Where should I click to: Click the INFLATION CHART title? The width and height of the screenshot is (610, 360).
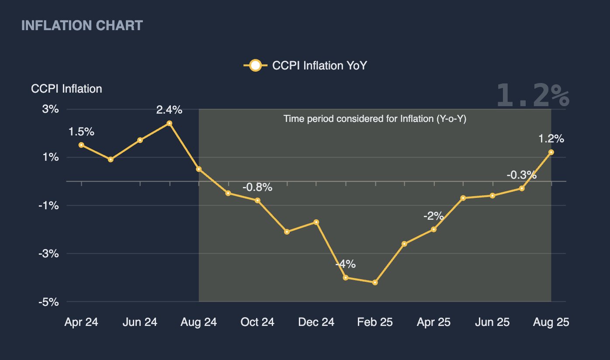coord(82,26)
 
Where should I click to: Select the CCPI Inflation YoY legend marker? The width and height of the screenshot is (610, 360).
coord(255,66)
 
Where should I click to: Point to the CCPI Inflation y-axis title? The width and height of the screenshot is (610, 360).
coord(66,89)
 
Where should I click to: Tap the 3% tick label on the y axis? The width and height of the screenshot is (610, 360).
coord(50,109)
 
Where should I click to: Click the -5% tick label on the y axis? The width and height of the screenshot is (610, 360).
coord(49,302)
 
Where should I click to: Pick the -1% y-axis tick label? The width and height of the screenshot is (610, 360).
coord(49,205)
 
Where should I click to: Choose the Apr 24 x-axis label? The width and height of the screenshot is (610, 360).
coord(81,322)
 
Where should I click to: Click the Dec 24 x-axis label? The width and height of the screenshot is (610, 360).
coord(316,322)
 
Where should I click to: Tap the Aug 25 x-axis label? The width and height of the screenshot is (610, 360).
coord(551,322)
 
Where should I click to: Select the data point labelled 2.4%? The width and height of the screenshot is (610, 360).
coord(170,123)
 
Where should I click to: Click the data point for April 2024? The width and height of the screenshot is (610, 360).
coord(81,145)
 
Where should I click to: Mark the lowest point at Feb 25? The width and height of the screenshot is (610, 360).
coord(375,283)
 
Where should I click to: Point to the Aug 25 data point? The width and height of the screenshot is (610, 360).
coord(551,152)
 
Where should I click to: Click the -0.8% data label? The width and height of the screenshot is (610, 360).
coord(257,187)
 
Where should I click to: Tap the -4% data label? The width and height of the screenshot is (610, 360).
coord(346,264)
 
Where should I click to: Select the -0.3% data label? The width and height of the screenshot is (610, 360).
coord(521,175)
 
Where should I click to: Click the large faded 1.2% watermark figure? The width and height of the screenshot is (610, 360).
coord(533,95)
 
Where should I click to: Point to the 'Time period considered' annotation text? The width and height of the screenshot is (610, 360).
coord(375,119)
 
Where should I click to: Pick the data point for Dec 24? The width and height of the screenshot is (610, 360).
coord(316,222)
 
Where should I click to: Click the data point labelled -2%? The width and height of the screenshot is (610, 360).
coord(434,229)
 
